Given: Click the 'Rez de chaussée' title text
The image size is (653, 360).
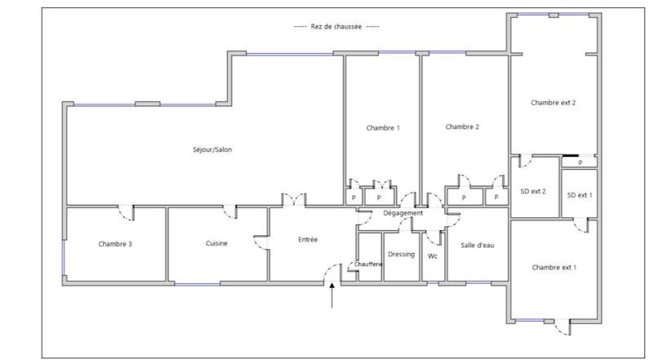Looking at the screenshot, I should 336,26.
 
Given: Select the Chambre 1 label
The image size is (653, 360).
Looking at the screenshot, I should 383,128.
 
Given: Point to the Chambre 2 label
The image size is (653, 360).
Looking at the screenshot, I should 462,127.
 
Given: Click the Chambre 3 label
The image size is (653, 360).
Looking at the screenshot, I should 115,243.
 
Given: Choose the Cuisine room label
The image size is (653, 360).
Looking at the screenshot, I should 216,243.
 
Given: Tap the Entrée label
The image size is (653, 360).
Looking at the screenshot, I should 308,239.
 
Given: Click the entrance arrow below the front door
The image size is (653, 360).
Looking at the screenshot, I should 331,297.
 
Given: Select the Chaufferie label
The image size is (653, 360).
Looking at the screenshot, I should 369,264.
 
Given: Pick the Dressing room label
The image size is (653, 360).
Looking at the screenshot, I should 401,254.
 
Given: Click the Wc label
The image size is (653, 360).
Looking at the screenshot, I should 433,255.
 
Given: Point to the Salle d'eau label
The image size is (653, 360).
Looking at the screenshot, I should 478,246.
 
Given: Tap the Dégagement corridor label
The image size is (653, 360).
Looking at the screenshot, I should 403,214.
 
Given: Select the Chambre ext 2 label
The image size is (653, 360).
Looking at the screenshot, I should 553,103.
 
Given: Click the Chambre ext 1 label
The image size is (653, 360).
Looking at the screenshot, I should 553,268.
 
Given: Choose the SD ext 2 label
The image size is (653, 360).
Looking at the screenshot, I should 533,193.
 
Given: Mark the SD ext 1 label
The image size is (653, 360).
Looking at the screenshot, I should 580,194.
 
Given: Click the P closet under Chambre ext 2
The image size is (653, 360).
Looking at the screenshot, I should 580,162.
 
